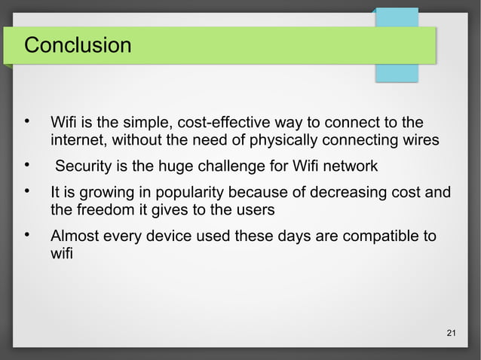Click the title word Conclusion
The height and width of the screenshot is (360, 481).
[x=78, y=46]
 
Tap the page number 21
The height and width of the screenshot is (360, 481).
[x=452, y=334]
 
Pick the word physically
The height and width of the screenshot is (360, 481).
[x=282, y=141]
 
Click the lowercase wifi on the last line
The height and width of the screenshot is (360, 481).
[x=61, y=255]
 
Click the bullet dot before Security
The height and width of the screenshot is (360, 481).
[x=27, y=165]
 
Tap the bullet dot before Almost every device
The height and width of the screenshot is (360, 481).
[x=27, y=236]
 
